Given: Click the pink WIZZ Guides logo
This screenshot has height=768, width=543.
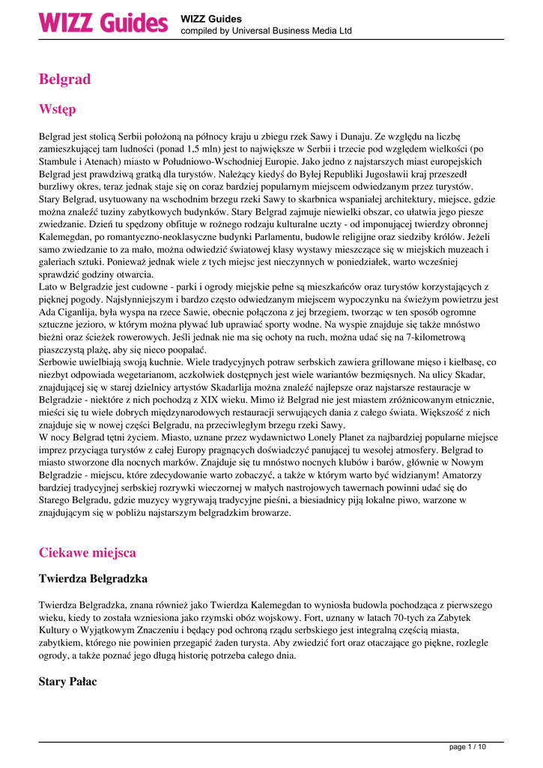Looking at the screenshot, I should [x=103, y=22].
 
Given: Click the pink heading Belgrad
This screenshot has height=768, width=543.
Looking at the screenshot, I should [x=64, y=79].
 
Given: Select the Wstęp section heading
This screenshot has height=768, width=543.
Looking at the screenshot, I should [x=57, y=110].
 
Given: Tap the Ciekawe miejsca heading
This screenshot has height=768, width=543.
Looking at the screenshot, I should [x=87, y=553].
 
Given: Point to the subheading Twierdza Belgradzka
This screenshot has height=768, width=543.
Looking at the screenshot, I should [x=93, y=579].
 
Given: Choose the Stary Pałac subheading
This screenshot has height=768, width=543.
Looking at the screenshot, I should [x=67, y=682].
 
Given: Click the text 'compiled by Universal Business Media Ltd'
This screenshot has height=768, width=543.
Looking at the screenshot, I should [x=266, y=31].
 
